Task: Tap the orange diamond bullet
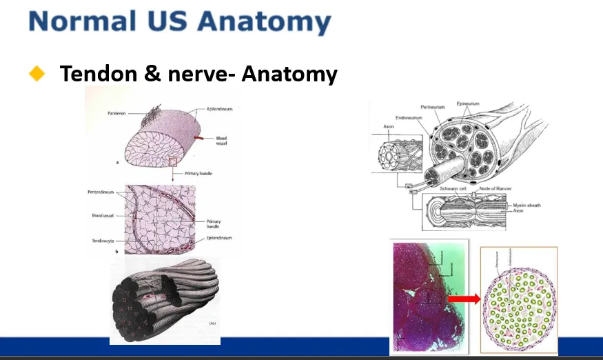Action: click(37, 73)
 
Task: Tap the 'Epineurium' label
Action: click(468, 103)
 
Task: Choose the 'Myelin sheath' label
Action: click(530, 206)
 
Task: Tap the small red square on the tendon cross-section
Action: click(173, 162)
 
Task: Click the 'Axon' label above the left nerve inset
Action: click(389, 127)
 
